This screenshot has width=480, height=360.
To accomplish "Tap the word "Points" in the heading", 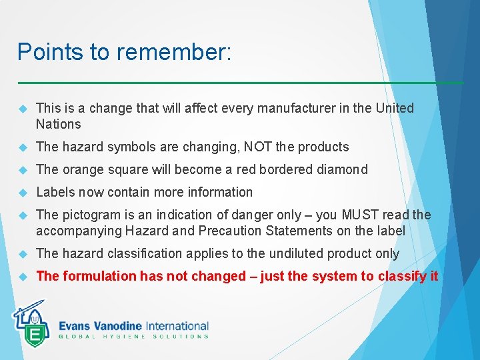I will coord(43,52).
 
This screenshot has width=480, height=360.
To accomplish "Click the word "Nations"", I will coord(58,124).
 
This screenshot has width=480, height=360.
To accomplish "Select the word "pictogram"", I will coord(90,215).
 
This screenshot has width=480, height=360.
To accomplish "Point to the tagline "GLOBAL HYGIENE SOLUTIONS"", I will coord(133,337).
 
